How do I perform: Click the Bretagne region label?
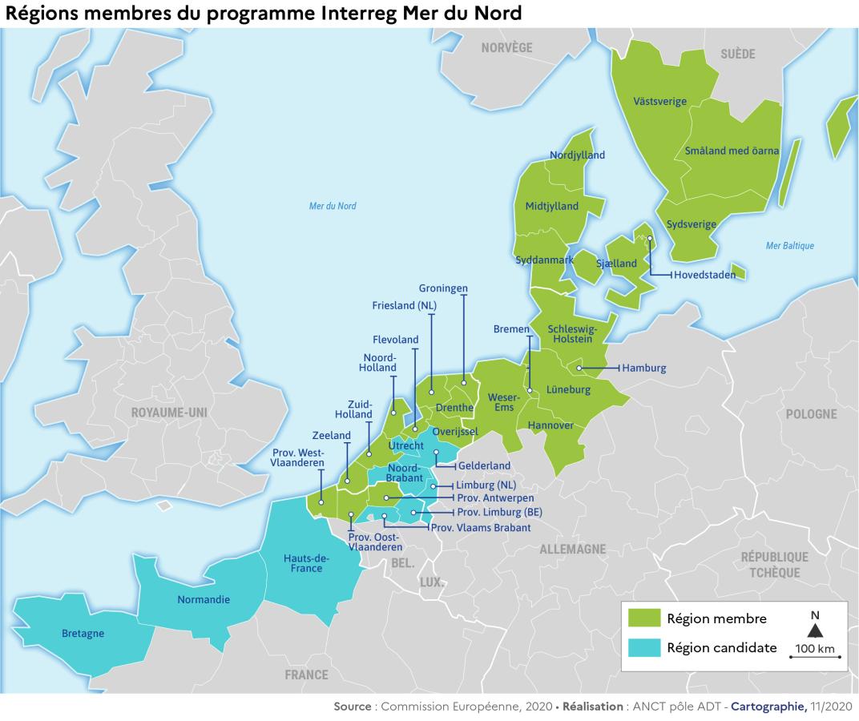click(83, 634)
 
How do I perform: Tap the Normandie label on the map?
click(203, 599)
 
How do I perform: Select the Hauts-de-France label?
click(303, 563)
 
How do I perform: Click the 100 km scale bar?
click(815, 656)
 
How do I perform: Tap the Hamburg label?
click(643, 369)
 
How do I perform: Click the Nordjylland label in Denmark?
click(577, 155)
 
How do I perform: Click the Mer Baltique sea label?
click(789, 246)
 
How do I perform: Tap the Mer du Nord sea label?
click(333, 206)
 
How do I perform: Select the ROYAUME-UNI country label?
click(171, 413)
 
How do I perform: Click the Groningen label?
click(443, 288)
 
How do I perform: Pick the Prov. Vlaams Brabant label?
click(481, 528)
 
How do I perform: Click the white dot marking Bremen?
click(530, 391)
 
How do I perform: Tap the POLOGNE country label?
click(811, 414)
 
